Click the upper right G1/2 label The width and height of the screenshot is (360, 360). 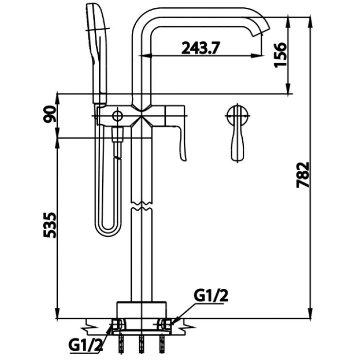[x=210, y=295]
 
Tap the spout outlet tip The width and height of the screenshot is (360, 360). [x=263, y=32]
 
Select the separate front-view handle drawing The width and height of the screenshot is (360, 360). [x=238, y=131]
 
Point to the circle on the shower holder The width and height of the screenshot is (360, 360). [x=117, y=116]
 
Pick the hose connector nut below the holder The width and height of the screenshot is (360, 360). [x=117, y=135]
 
